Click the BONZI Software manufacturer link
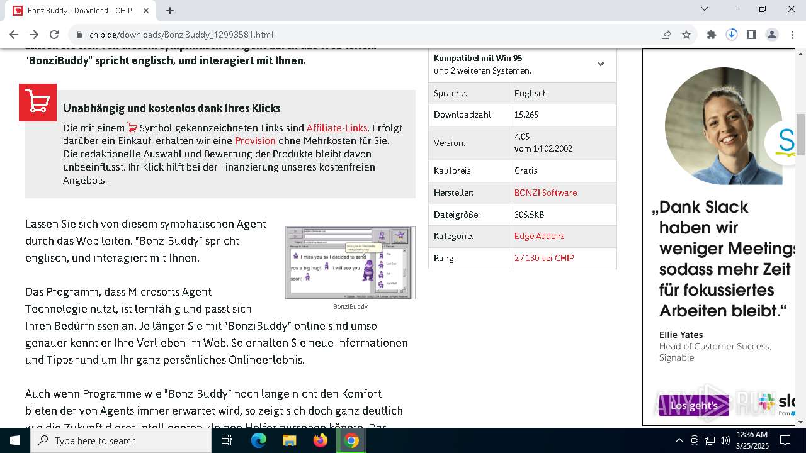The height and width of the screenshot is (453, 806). pos(545,193)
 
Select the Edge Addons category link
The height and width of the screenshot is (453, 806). pos(539,236)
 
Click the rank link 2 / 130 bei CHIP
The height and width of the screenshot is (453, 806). pos(544,258)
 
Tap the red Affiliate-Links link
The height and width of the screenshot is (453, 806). pos(337,128)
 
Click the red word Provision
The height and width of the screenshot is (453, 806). pos(255,141)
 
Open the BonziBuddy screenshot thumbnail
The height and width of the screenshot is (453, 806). pos(350,262)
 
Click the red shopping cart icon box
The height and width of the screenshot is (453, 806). pos(38,102)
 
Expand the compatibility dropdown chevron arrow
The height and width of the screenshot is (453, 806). pos(601,64)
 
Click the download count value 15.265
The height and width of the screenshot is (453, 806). pos(526,115)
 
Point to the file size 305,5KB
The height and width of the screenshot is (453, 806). pos(529,215)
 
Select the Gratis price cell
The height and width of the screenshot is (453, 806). pos(526,171)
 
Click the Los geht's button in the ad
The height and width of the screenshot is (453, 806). pos(694,406)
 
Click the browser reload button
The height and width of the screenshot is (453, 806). pos(54,35)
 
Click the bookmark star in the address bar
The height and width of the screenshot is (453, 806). pos(686,35)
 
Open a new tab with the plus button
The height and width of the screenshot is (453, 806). pos(170,10)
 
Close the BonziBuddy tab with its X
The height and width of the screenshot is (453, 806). pos(146,11)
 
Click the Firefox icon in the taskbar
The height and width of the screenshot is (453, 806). pos(321,440)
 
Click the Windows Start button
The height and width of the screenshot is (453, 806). pos(15,440)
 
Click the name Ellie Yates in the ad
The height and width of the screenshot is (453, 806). pos(681,335)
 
